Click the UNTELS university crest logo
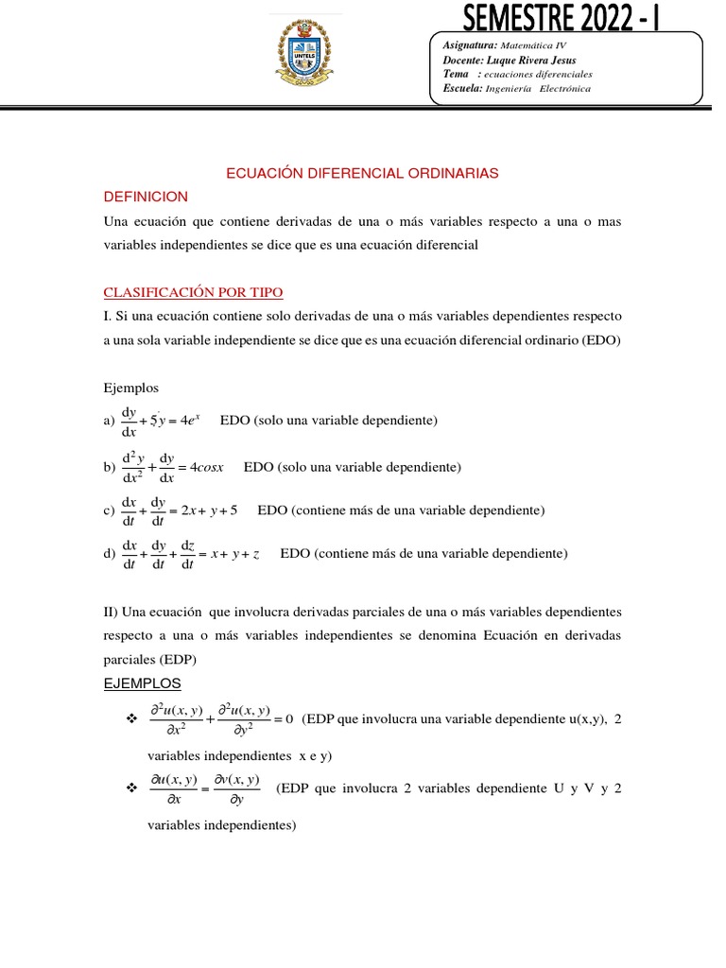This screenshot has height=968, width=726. tap(304, 57)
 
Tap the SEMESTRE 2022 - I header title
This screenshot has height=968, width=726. tap(562, 16)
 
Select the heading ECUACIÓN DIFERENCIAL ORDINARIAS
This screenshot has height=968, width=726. tap(362, 174)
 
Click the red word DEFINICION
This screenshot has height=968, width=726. tap(146, 197)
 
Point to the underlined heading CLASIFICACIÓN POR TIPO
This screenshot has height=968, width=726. tap(193, 292)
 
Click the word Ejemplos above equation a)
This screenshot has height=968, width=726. tap(131, 388)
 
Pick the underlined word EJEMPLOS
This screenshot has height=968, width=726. tap(142, 683)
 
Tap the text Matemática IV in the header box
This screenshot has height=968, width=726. tap(534, 45)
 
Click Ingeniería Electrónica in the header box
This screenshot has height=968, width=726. tap(538, 89)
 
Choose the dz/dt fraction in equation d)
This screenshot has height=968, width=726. tap(187, 554)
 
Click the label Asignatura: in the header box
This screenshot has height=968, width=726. tap(470, 45)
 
